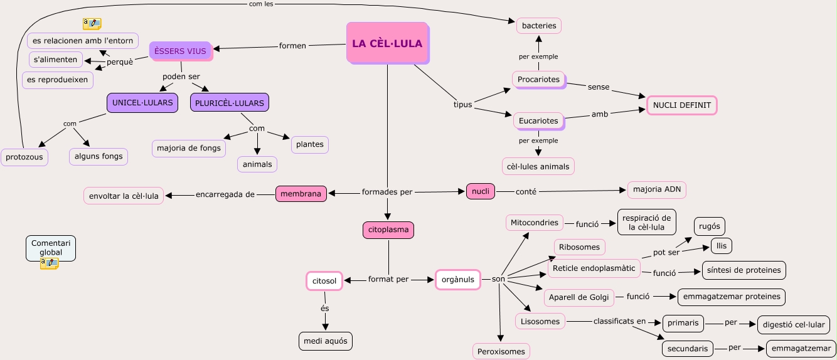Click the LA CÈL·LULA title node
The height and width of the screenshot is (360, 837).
[x=387, y=43]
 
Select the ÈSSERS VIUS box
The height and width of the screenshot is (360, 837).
[x=181, y=51]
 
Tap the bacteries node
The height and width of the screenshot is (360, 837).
[x=539, y=26]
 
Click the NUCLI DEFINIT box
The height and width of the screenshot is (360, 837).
[x=681, y=105]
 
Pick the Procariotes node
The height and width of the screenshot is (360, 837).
[x=538, y=80]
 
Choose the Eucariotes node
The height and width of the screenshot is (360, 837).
[x=538, y=120]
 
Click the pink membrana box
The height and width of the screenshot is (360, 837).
[x=301, y=194]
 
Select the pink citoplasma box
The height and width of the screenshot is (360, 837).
[x=388, y=230]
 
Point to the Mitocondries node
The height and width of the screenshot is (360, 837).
[x=534, y=223]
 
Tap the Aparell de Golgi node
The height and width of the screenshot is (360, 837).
[x=578, y=297]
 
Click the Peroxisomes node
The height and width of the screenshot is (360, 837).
[x=501, y=351]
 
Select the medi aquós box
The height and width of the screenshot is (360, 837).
[x=325, y=341]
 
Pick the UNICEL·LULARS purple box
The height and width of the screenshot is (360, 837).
[x=142, y=102]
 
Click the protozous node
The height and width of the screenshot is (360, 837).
[x=24, y=157]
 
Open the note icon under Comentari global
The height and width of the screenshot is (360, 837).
[x=49, y=263]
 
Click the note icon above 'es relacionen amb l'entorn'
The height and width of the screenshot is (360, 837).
[x=92, y=24]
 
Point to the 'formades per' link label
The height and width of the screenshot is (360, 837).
[x=387, y=192]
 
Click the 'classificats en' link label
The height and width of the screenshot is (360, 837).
[x=619, y=321]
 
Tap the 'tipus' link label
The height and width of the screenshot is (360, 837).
[x=462, y=105]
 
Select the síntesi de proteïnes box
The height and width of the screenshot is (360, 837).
[x=744, y=270]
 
